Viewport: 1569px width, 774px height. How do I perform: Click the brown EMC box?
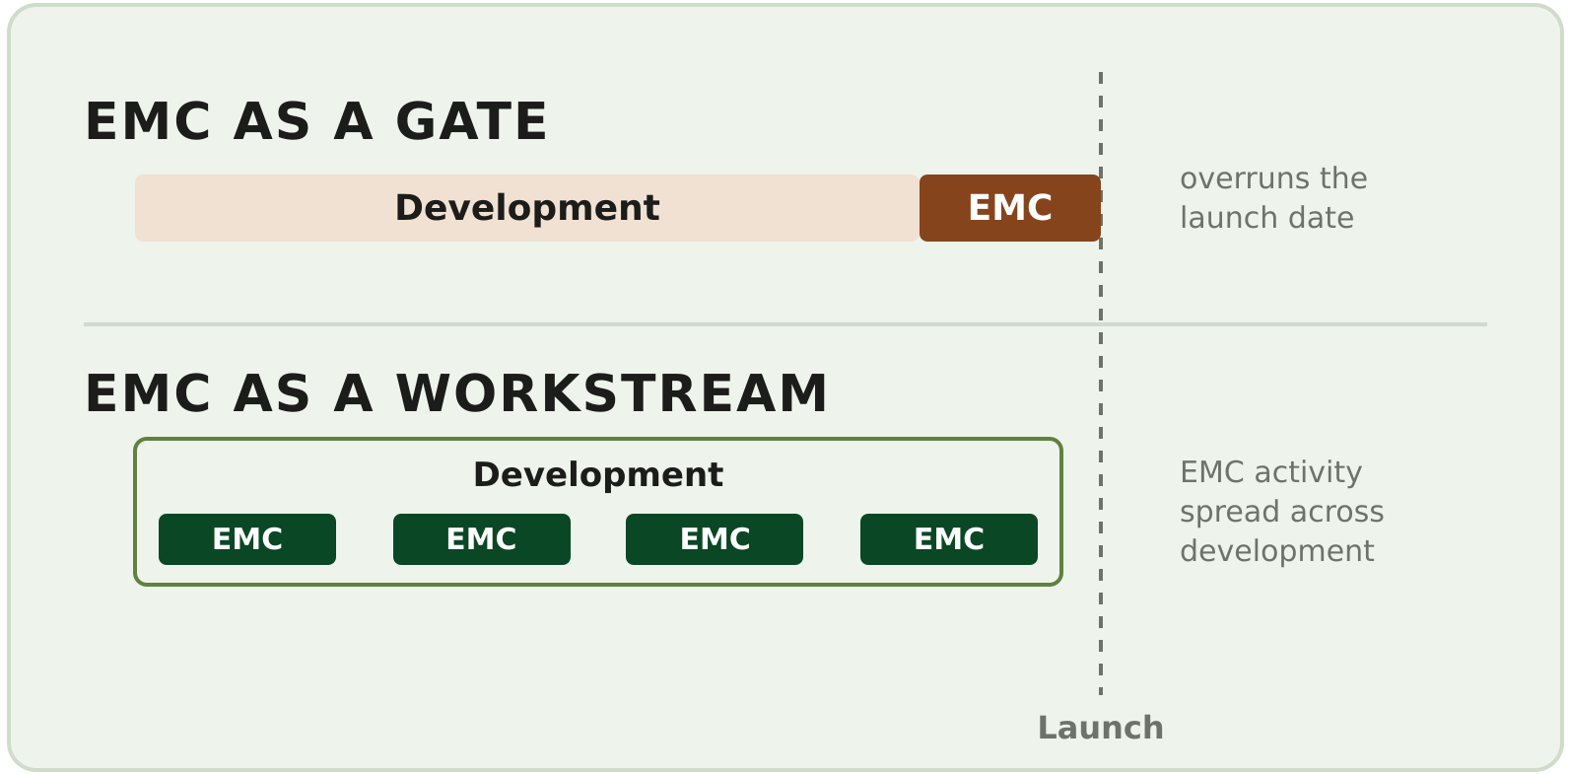pos(1010,208)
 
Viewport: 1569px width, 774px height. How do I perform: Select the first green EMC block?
pos(247,539)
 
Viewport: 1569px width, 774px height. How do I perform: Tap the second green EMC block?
pos(482,539)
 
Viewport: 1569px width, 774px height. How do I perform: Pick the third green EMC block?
pos(715,539)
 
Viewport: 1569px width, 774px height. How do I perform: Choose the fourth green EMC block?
pos(949,539)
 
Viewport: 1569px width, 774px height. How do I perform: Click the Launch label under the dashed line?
pos(1101,728)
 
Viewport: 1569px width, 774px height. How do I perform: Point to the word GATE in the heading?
pos(471,122)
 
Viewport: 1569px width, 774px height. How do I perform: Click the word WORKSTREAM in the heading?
pos(611,393)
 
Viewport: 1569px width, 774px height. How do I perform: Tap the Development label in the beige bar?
pos(527,208)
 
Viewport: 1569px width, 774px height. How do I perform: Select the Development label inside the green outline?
pos(598,475)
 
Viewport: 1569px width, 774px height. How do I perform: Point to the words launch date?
pos(1266,218)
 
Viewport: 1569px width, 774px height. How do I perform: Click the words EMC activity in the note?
pos(1270,472)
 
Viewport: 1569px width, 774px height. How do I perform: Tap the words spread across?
pos(1282,512)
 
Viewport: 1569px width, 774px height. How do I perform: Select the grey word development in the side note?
pos(1277,551)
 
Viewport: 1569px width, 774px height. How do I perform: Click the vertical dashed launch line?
pos(1101,384)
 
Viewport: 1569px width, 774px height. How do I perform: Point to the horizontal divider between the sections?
pos(785,324)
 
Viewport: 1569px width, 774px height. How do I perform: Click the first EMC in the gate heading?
pos(148,122)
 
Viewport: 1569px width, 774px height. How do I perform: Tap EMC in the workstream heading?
pos(148,393)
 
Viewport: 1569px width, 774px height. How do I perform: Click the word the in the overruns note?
pos(1343,178)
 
